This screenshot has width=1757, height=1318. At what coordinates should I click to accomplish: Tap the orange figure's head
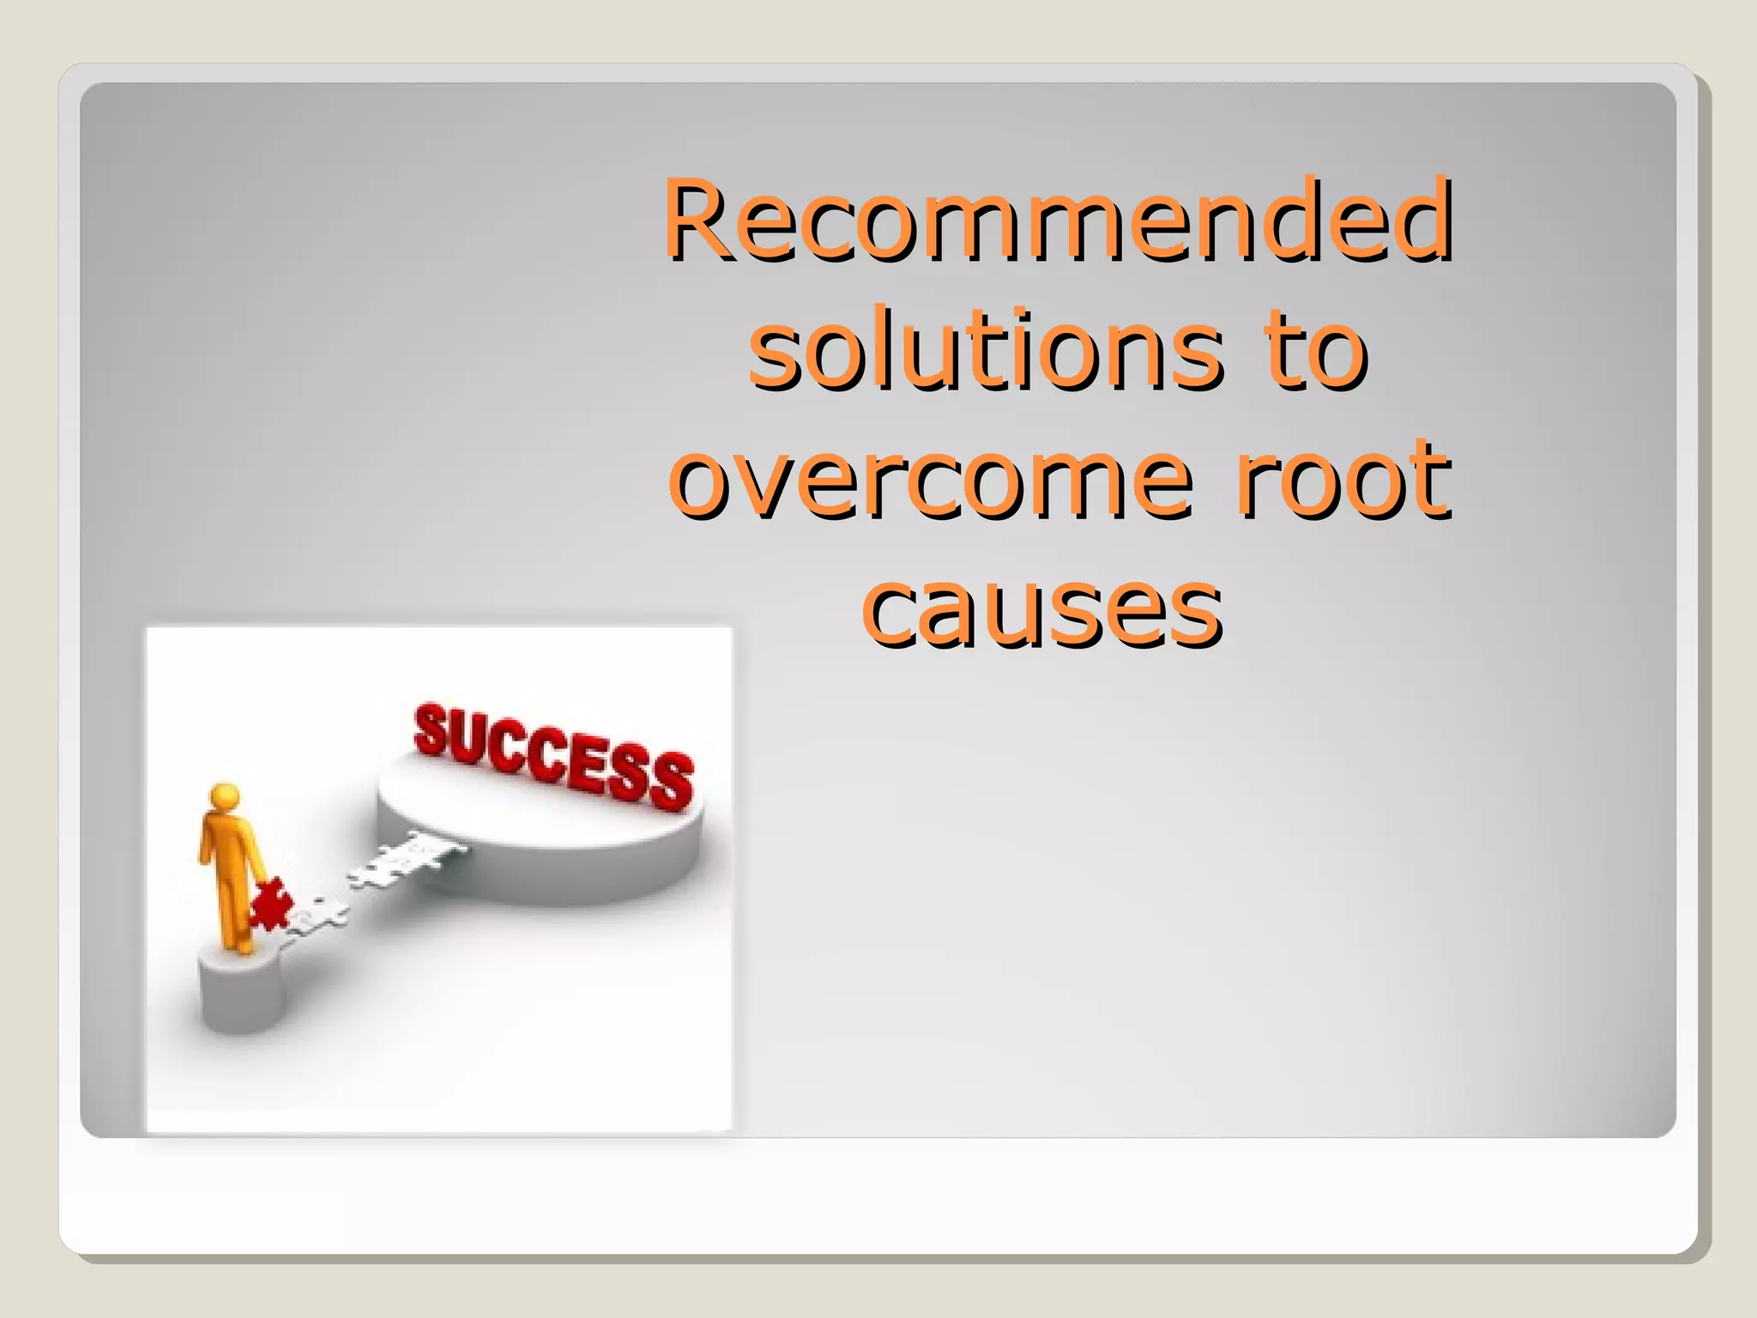(x=225, y=795)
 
